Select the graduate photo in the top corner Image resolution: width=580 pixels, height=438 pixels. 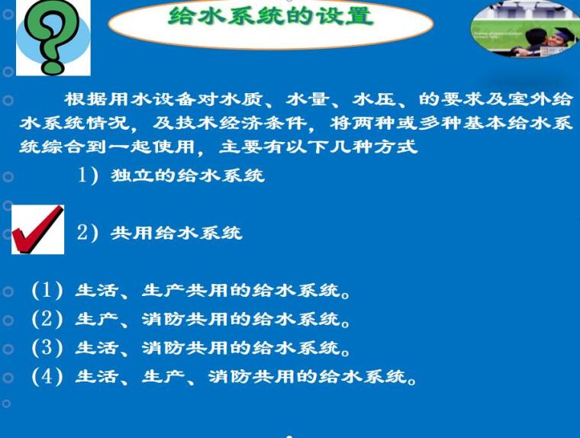coord(525,28)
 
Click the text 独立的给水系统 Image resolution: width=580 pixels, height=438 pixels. coord(187,176)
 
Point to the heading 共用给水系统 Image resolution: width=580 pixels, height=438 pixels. coord(176,233)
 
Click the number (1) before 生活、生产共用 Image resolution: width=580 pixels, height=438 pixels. coord(47,291)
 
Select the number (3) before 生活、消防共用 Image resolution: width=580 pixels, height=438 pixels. coord(47,349)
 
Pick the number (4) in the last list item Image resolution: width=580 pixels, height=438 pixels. coord(47,377)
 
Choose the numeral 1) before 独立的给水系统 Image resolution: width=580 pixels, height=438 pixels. coord(91,176)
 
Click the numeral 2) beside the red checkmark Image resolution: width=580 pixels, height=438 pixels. coord(89,233)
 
